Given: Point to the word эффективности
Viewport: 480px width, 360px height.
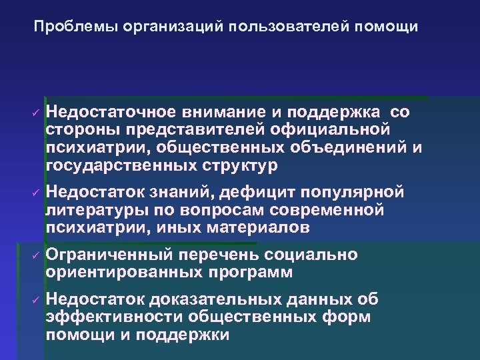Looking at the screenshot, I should point(114,317).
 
